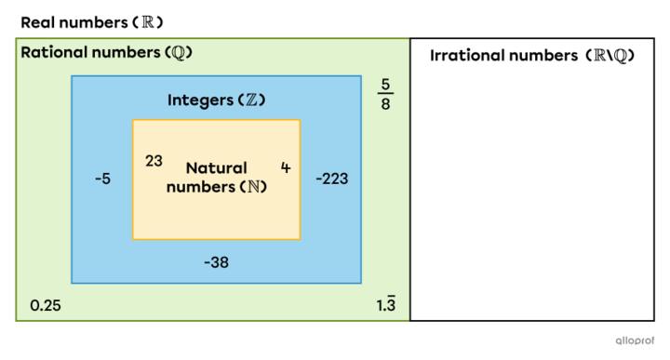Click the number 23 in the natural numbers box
coord(154,161)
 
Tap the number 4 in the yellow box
coord(286,167)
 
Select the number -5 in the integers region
coord(102,178)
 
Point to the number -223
coord(331,178)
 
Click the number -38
coord(216,262)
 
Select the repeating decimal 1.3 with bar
coord(386,305)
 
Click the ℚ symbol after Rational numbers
coord(181,52)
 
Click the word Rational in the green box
coord(52,52)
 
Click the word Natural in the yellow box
coord(216,168)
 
